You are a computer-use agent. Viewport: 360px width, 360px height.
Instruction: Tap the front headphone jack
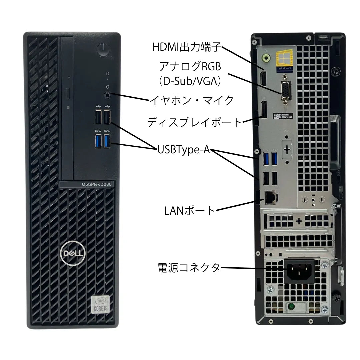click(x=107, y=95)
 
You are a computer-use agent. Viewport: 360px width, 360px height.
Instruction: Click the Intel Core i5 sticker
click(x=101, y=304)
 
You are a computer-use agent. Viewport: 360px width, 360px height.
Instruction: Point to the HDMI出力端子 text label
click(x=187, y=47)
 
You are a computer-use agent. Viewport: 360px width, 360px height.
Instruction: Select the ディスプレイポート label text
click(x=194, y=122)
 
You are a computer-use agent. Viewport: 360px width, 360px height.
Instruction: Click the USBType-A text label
click(x=184, y=150)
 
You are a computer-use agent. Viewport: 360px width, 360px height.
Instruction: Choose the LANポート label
click(x=190, y=211)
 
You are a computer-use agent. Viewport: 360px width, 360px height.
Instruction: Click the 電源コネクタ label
click(x=189, y=267)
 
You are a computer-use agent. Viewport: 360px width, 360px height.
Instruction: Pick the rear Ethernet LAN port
click(x=269, y=197)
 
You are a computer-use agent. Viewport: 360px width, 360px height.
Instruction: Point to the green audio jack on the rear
click(x=266, y=57)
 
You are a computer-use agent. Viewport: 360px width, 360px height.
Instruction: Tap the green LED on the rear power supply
click(x=292, y=306)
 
